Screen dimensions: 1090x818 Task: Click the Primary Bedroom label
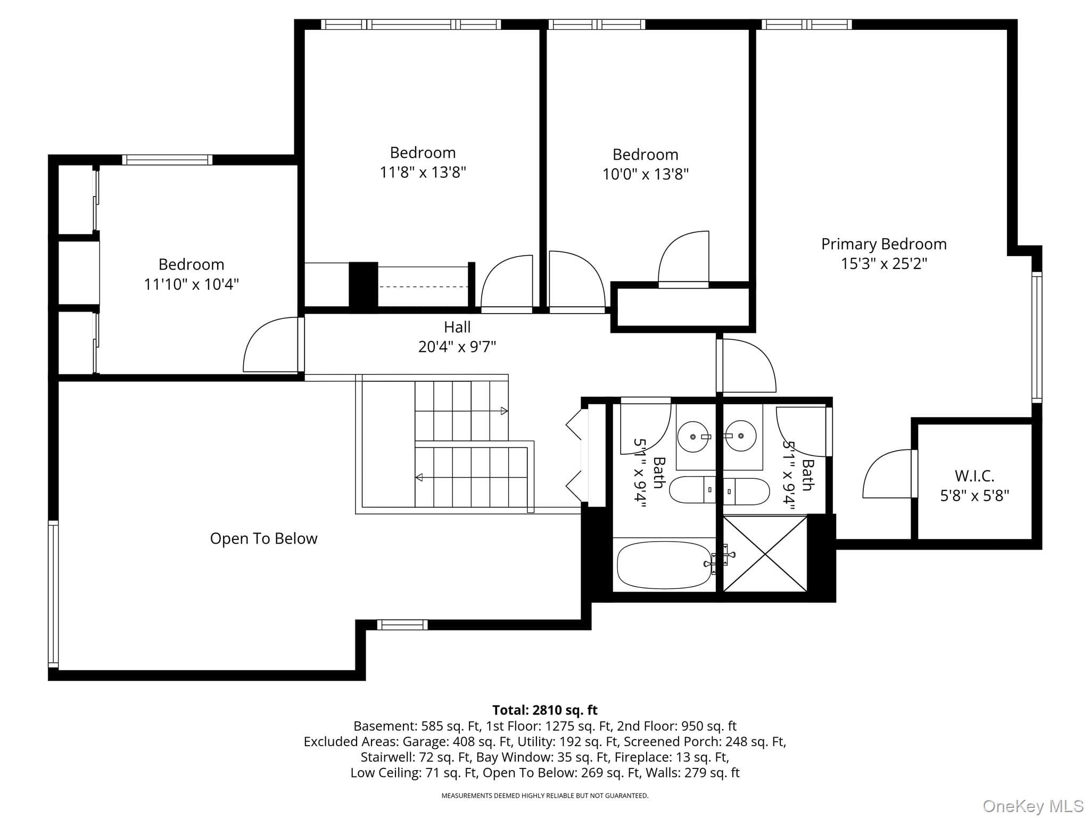pos(883,244)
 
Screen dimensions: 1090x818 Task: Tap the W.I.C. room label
pos(974,476)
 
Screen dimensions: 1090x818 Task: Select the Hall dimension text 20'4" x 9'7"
pos(457,347)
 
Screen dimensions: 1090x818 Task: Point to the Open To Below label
pos(263,538)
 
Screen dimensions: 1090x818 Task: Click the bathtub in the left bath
pos(664,565)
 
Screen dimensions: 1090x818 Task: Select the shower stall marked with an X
pos(765,553)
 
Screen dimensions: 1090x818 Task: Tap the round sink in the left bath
pos(692,437)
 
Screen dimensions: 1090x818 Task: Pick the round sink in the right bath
pos(741,436)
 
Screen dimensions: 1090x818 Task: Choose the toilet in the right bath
pos(746,492)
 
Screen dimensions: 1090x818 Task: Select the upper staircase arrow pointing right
pos(461,411)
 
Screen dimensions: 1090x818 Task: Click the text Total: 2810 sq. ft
pos(545,710)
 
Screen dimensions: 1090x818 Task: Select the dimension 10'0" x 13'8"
pos(646,174)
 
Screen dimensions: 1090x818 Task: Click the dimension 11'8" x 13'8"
pos(423,173)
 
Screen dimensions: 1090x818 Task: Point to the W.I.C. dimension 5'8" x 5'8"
pos(975,496)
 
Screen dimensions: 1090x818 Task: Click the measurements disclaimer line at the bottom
pos(545,796)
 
